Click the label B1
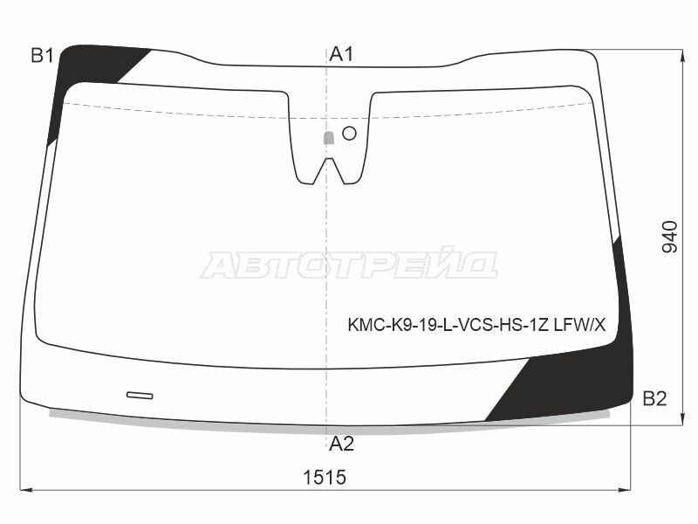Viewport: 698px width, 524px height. tap(43, 56)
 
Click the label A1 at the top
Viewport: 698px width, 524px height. tap(341, 54)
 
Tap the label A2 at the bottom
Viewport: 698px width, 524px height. tap(341, 444)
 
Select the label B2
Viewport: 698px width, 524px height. tap(654, 399)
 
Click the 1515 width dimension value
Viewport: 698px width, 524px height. tap(325, 478)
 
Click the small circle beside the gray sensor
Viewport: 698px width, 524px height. tap(349, 133)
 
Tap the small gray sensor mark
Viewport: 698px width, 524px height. tap(329, 137)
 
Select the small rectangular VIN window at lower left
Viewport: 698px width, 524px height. tap(140, 396)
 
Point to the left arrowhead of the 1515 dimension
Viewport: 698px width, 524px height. tap(24, 490)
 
